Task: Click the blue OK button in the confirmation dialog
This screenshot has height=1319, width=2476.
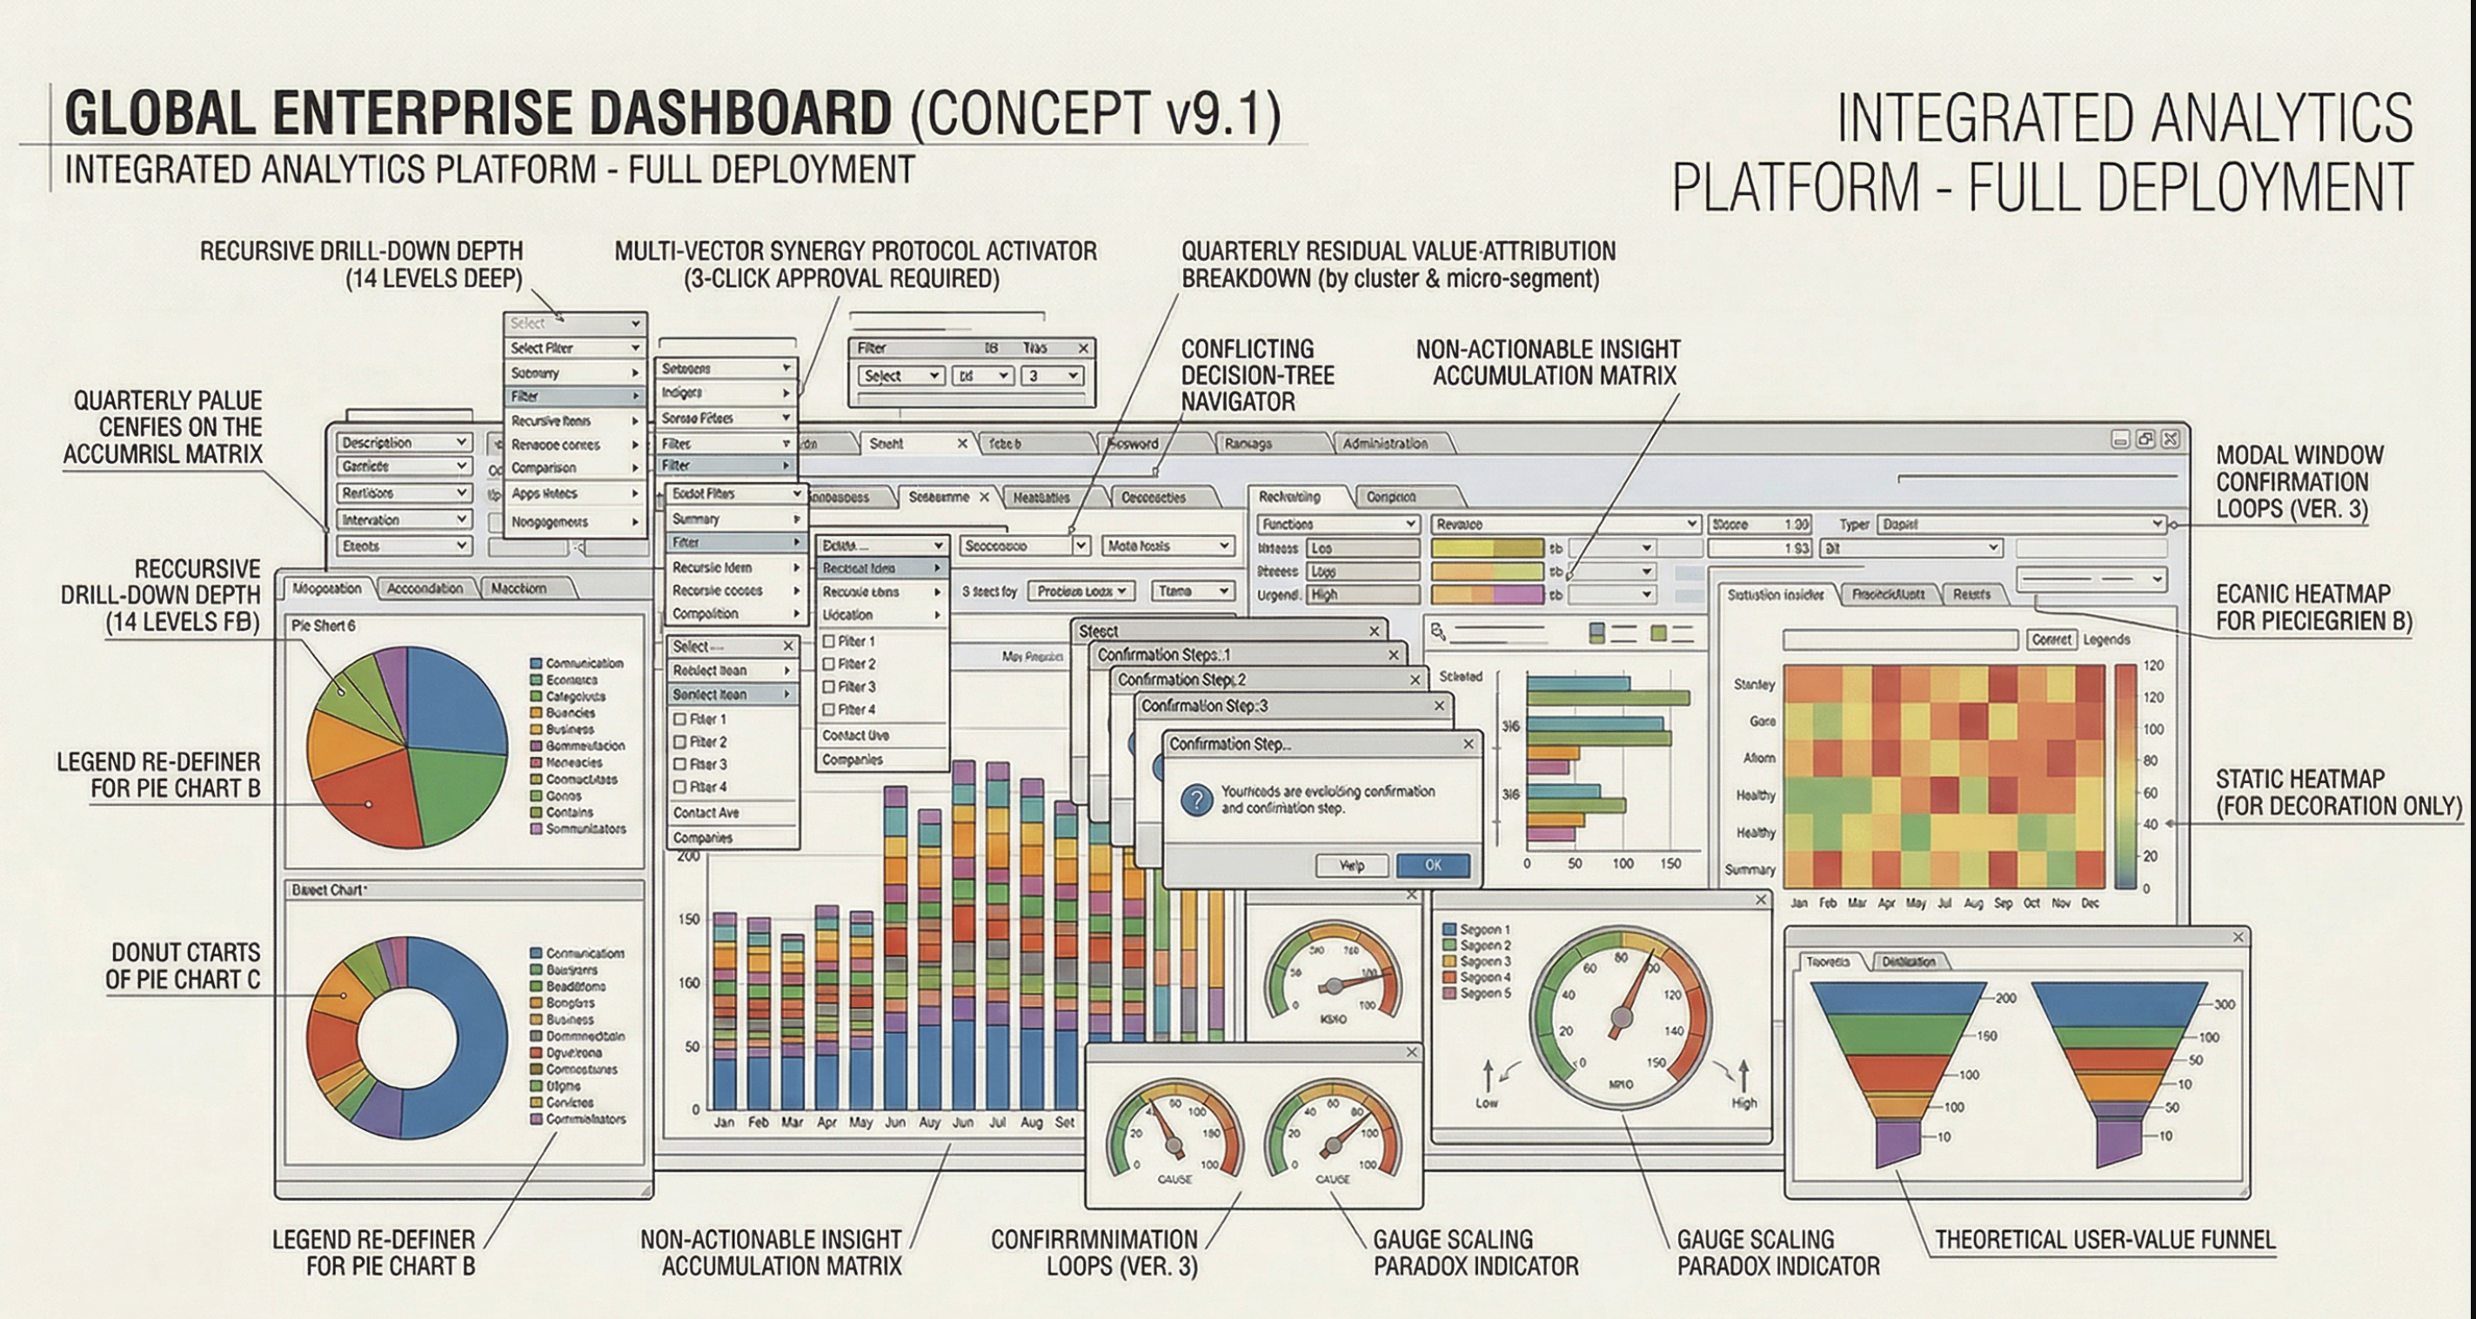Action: tap(1432, 865)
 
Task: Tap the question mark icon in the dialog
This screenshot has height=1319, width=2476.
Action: tap(1195, 800)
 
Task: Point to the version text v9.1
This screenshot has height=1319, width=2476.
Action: tap(1218, 113)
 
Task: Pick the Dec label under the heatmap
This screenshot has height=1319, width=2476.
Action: tap(2090, 904)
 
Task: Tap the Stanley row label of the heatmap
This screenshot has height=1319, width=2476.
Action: tap(1754, 685)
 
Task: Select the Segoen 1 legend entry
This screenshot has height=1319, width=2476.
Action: tap(1484, 929)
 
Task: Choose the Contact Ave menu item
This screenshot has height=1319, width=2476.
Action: tap(706, 813)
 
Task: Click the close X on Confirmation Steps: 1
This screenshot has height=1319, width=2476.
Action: tap(1394, 654)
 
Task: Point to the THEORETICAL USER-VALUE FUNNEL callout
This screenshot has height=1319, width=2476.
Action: tap(2105, 1240)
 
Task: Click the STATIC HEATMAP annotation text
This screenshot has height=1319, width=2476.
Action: tap(2338, 792)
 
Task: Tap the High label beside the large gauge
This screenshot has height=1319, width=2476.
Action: tap(1743, 1102)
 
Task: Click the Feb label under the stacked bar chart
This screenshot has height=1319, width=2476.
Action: tap(759, 1121)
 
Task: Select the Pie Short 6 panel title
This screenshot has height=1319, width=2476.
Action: tap(323, 626)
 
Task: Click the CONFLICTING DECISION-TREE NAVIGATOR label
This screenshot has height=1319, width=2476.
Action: tap(1257, 375)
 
